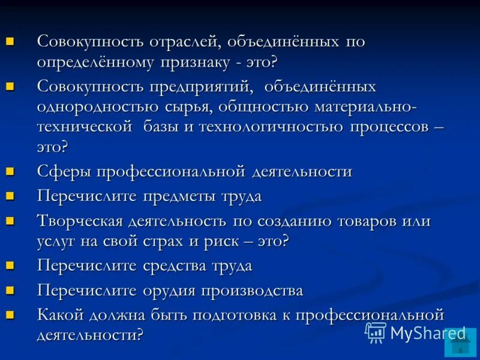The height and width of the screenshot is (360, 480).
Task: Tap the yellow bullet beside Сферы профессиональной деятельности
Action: [10, 172]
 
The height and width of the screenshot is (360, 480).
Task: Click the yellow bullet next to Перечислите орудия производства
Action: [10, 290]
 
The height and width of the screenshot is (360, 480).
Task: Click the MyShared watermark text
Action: [427, 334]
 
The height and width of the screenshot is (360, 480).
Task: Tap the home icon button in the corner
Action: [461, 346]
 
